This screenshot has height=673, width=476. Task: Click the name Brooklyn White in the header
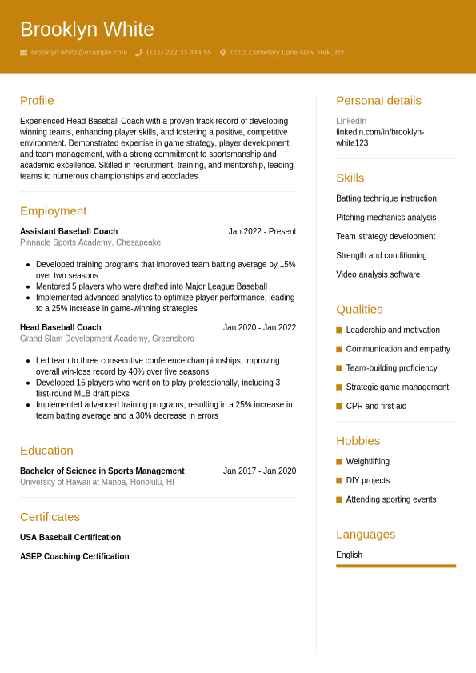86,30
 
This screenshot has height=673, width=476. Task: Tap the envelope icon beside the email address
24,53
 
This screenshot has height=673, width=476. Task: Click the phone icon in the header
138,53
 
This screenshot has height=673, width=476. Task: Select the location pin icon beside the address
223,53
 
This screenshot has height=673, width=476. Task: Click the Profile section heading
37,100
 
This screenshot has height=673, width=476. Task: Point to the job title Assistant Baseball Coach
69,232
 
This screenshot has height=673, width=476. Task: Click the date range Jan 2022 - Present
262,232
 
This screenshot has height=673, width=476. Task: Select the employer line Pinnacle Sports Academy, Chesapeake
90,242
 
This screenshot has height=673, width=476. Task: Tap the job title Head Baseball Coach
61,328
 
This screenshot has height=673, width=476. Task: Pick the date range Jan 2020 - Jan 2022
259,328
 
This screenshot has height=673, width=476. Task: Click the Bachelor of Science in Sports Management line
102,471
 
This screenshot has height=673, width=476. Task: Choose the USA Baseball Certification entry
70,538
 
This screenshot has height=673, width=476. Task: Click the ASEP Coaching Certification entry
74,557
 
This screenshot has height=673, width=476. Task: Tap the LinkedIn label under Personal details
351,122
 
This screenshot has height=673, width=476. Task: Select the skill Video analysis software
378,274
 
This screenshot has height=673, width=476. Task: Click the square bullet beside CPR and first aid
339,407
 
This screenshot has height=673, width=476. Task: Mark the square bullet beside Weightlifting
339,462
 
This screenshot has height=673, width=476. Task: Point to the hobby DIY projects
368,481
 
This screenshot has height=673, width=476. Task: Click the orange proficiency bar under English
396,566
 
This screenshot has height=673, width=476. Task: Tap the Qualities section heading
359,309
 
